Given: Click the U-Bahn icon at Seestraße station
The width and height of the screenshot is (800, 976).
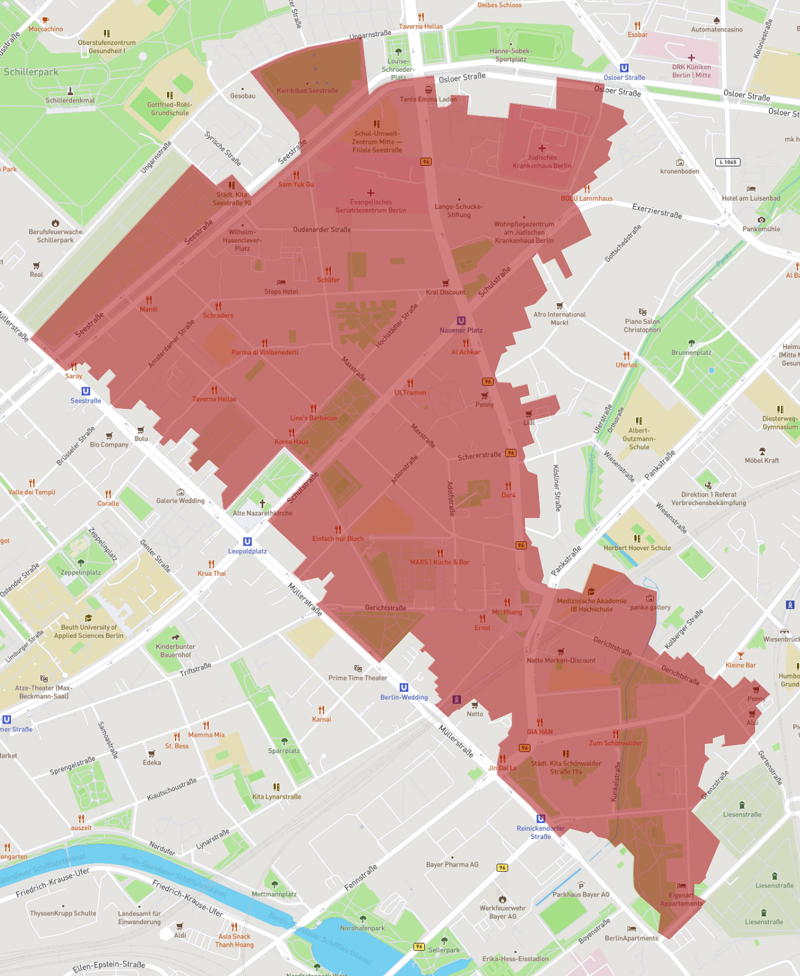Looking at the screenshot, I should (x=86, y=391).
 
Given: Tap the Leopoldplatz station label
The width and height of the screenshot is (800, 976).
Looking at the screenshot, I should (x=247, y=551).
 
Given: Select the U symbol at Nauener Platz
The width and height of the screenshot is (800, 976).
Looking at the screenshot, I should (x=461, y=320).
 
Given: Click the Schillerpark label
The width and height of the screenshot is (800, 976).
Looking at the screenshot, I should (x=31, y=72).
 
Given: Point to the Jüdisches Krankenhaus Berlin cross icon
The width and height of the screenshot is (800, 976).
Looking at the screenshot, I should (x=542, y=148).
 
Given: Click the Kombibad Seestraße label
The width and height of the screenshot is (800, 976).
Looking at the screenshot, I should (x=307, y=91).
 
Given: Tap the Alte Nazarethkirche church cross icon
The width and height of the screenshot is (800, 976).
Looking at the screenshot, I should (x=262, y=503).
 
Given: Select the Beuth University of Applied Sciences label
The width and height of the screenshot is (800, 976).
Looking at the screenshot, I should (x=88, y=632).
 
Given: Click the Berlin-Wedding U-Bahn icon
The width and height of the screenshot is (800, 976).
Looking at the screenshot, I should (x=404, y=687).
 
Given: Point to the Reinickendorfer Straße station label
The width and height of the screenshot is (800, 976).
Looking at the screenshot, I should (x=540, y=832).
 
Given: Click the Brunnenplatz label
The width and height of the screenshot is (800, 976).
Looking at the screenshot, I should (x=691, y=352).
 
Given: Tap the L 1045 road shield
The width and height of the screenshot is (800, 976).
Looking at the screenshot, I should (x=728, y=162).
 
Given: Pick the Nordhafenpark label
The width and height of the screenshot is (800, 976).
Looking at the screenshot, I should (x=362, y=928).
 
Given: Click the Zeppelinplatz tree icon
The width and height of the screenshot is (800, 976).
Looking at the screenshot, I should (x=80, y=562).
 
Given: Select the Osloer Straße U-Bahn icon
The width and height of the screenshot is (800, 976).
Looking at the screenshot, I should (x=624, y=68).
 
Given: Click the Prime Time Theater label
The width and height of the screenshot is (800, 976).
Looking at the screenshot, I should (x=358, y=678).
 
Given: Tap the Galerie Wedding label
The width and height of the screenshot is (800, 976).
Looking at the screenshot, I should (x=181, y=501).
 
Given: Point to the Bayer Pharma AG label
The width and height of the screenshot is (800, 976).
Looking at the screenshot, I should (x=452, y=864).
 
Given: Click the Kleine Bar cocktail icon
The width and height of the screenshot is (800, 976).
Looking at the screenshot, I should (x=740, y=656).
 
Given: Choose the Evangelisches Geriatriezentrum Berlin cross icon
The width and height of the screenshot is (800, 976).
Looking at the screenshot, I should (x=371, y=193).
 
